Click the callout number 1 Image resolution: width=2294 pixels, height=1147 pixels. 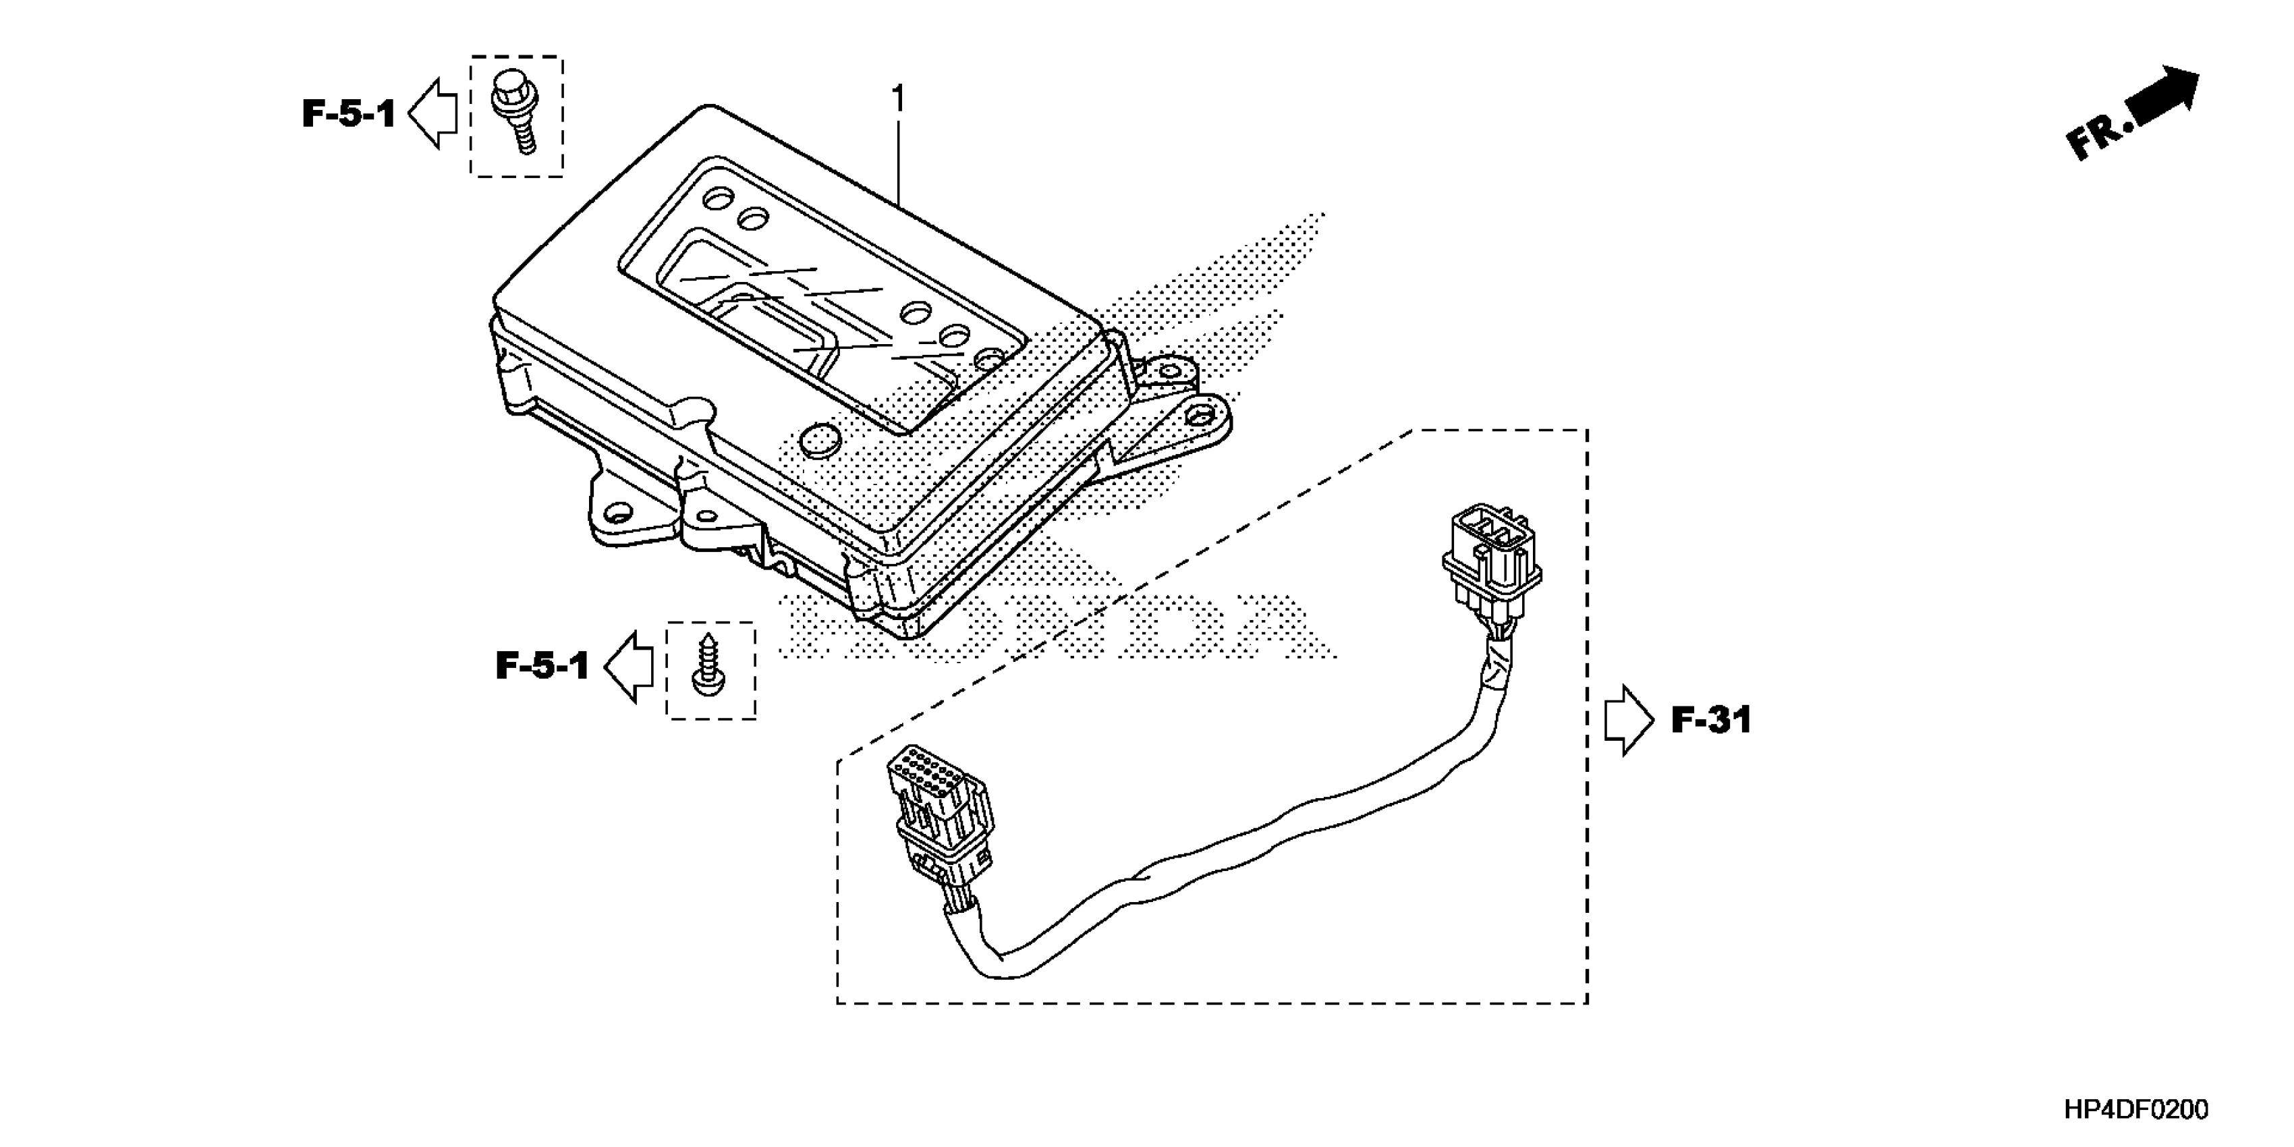897,97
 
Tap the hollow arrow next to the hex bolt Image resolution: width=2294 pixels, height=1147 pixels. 434,113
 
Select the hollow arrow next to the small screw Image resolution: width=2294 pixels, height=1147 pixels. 630,666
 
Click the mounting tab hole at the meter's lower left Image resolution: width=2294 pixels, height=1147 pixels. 615,513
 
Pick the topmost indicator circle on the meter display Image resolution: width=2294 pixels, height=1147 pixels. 716,197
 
